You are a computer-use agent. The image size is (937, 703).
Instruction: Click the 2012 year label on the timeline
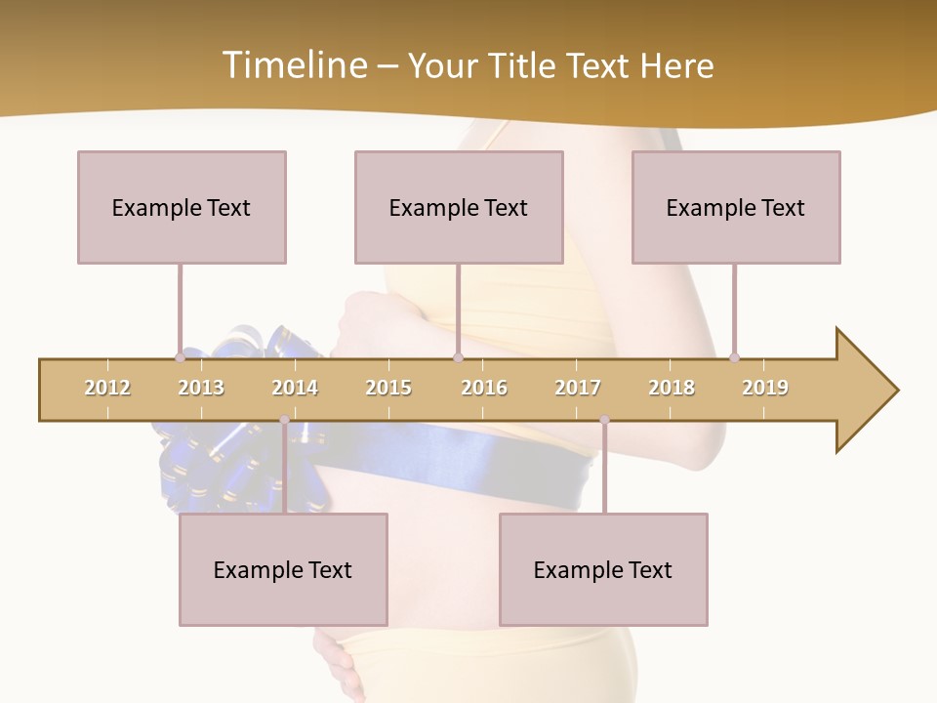click(107, 388)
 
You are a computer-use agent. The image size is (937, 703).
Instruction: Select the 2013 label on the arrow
click(201, 388)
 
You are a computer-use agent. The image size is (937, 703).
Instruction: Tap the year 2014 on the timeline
click(295, 388)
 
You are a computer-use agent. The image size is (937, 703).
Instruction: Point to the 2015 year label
click(388, 388)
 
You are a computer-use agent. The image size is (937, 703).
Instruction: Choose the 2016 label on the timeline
click(484, 388)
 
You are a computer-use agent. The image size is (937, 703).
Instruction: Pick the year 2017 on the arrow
click(578, 388)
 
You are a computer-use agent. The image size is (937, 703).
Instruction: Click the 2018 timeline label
click(672, 388)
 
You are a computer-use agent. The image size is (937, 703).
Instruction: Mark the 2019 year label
click(765, 388)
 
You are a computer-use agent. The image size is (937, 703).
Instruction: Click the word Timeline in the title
click(293, 65)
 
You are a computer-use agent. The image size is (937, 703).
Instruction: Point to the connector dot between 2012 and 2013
click(180, 357)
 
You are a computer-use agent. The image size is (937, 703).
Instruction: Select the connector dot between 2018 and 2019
click(734, 357)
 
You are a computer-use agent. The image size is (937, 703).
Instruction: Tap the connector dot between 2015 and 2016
click(458, 357)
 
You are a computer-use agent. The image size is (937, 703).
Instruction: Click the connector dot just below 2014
click(284, 420)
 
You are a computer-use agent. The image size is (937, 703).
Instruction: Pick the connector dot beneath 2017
click(604, 420)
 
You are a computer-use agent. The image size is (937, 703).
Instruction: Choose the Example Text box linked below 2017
click(603, 569)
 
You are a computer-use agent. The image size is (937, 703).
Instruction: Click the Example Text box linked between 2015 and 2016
click(459, 207)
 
